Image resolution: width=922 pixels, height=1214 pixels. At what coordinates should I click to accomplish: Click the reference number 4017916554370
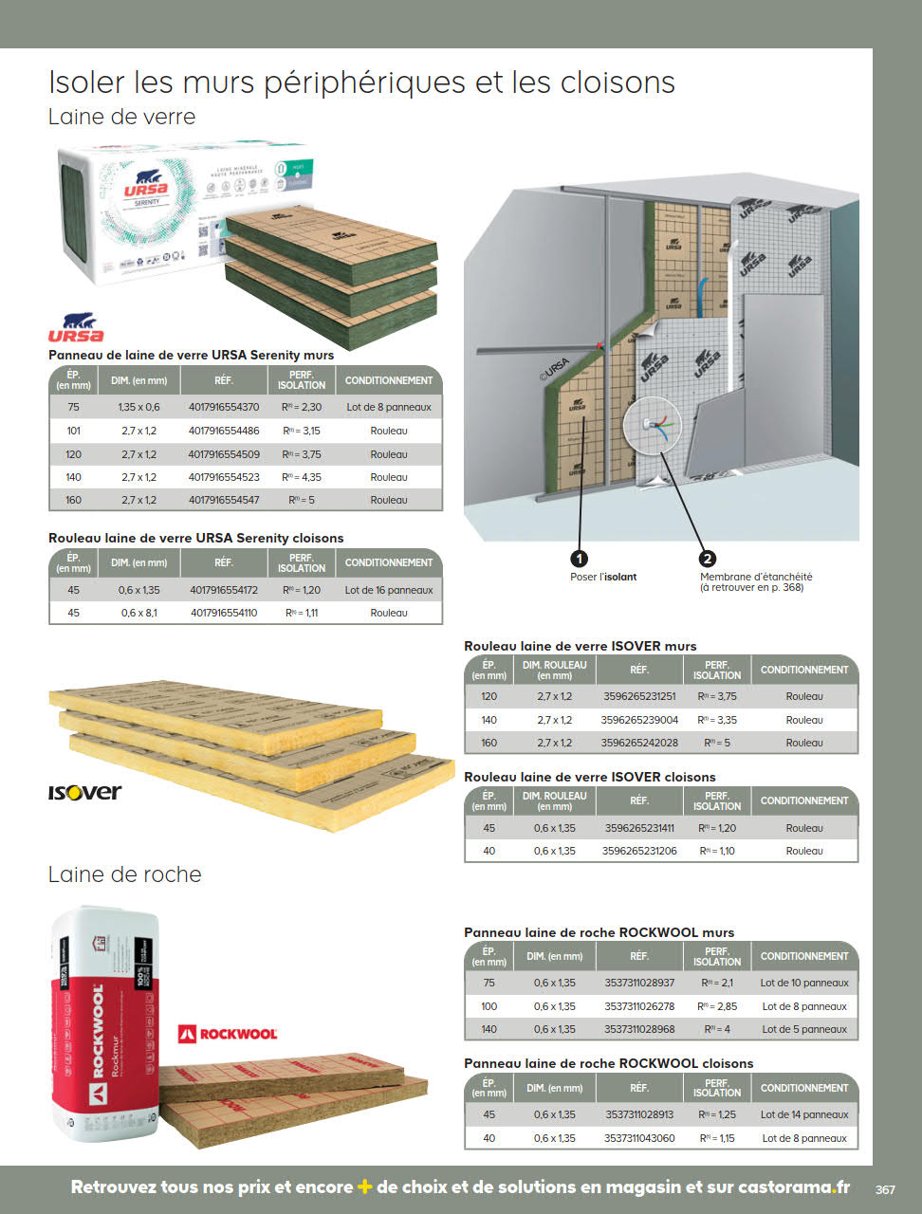tap(223, 407)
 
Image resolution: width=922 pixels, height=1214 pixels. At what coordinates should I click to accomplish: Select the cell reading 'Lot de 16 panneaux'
tap(389, 590)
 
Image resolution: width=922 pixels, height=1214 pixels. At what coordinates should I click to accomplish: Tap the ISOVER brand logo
tap(85, 792)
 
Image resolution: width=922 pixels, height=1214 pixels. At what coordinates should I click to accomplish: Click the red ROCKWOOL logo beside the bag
tap(228, 1033)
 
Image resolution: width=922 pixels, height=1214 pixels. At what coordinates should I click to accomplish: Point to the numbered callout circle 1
tap(580, 559)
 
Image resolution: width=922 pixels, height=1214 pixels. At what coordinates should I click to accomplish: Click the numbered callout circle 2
tap(708, 559)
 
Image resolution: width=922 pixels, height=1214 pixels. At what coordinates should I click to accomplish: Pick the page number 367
tap(885, 1189)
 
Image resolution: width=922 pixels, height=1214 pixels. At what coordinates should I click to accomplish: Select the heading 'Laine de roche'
tap(125, 874)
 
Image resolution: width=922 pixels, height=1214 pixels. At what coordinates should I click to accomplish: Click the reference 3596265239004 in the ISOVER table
tap(639, 720)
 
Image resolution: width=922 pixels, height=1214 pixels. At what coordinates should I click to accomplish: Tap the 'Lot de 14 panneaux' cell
tap(804, 1114)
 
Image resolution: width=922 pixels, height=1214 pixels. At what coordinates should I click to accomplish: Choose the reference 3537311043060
tap(639, 1138)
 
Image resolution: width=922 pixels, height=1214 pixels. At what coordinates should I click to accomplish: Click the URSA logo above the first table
tap(76, 328)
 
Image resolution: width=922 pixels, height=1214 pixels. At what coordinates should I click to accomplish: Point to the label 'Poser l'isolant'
tap(603, 577)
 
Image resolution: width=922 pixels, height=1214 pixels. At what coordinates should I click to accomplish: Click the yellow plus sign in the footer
tap(364, 1186)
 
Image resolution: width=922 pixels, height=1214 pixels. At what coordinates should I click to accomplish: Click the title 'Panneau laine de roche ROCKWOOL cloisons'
tap(608, 1063)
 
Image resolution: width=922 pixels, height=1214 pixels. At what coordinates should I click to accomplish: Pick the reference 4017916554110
tap(223, 613)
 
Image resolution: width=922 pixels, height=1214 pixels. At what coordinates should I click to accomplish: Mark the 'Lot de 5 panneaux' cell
tap(804, 1029)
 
